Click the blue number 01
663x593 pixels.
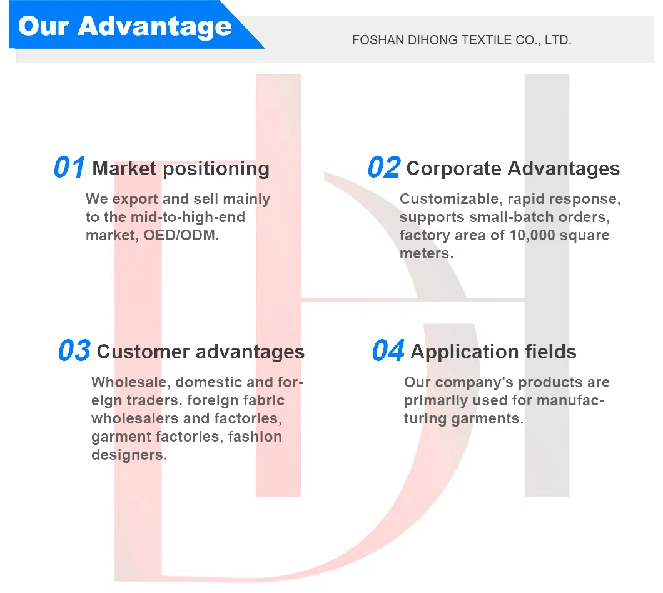pos(69,167)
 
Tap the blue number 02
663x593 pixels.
pos(384,167)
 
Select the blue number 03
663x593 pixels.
pos(74,351)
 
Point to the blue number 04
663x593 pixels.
pos(388,351)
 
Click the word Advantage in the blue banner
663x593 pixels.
pos(154,26)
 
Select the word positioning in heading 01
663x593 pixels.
pos(216,169)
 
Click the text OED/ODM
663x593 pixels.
pos(181,235)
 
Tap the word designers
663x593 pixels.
pos(129,455)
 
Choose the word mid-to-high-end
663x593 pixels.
pos(188,218)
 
